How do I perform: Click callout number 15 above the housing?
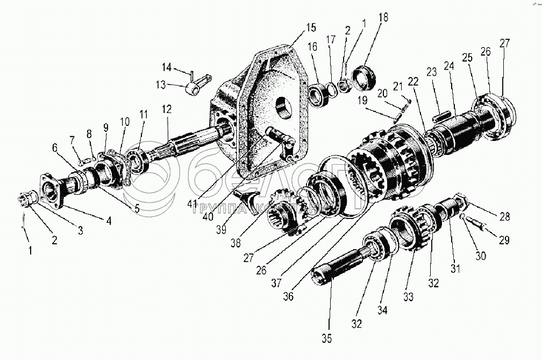coord(312,27)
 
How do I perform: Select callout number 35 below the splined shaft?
coord(327,338)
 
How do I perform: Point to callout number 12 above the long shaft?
coord(168,109)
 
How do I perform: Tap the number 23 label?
coord(432,72)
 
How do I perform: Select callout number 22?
coord(413,81)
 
